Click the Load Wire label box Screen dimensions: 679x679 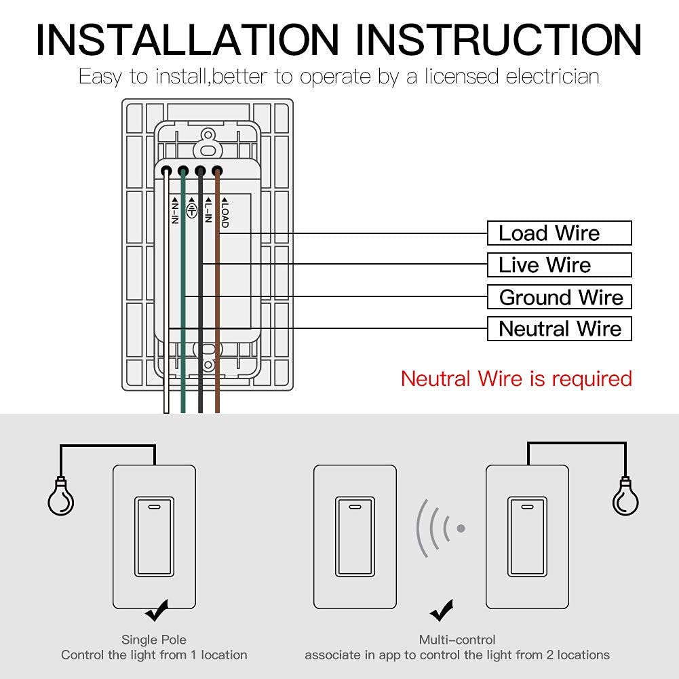tap(559, 233)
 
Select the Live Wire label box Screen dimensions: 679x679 tap(559, 265)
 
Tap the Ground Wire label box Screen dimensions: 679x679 tap(559, 297)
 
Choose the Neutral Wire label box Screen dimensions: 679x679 tap(559, 329)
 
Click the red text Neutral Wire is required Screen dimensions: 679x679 tap(516, 379)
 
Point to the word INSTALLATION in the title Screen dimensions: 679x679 tap(187, 40)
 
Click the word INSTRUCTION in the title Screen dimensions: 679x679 tap(499, 40)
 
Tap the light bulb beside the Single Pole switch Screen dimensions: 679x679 tap(60, 500)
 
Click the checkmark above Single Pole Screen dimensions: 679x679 tap(157, 613)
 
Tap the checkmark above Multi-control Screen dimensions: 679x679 tap(442, 613)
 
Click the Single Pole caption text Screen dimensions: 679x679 tap(154, 640)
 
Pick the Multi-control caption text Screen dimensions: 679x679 tap(457, 640)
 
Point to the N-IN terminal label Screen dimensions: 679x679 tap(174, 212)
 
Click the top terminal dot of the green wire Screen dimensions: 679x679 tap(183, 172)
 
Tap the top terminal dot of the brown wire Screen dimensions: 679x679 tap(217, 172)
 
